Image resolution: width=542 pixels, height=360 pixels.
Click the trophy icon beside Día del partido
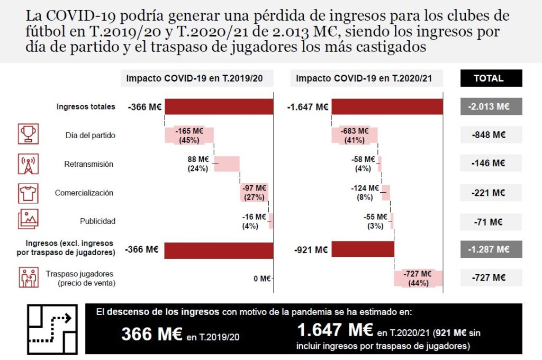pos(28,134)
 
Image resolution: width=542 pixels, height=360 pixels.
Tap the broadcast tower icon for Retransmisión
pos(28,164)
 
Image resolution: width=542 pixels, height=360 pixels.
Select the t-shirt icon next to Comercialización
pos(28,193)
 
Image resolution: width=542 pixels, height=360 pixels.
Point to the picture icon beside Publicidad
pos(28,219)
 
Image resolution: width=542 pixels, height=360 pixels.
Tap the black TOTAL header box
pos(491,78)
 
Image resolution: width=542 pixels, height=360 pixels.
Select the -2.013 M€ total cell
pos(491,106)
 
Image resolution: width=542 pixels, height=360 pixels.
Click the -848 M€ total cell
pos(491,135)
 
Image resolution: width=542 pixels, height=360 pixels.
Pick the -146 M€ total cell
pos(491,164)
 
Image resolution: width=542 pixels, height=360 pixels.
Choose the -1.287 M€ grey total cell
pos(491,249)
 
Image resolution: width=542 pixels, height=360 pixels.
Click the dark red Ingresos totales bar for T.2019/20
pos(219,106)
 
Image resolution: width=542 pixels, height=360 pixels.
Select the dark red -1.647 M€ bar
pos(387,106)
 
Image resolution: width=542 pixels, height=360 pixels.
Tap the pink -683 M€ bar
pos(355,136)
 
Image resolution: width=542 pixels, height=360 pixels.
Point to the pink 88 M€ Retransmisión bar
pos(227,164)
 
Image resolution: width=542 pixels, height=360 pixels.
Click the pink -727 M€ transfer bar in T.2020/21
pos(419,278)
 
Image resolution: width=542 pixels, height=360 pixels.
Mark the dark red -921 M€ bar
pos(363,249)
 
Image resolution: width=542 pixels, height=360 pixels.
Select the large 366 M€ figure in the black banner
pos(152,334)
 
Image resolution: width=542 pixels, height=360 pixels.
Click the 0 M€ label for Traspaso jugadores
pos(261,278)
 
